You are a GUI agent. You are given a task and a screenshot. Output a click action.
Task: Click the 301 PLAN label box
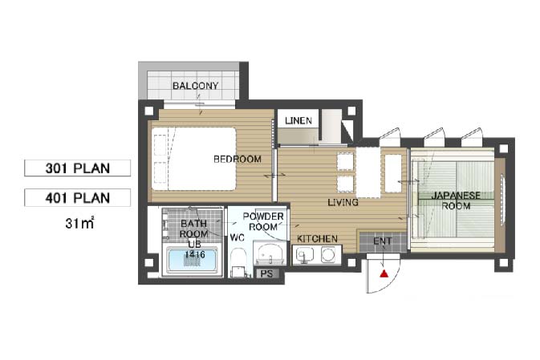78,168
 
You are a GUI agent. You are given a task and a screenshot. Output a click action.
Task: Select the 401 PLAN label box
78,197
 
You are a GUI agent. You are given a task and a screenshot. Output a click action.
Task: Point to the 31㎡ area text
79,224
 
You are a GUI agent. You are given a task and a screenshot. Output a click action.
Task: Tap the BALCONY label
195,86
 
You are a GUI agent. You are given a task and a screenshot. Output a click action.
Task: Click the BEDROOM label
238,159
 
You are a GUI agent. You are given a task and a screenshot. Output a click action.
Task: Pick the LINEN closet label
298,120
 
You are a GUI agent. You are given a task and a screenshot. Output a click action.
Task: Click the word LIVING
343,202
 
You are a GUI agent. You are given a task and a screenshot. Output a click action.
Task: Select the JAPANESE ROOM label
456,200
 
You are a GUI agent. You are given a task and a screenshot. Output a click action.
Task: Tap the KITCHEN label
317,238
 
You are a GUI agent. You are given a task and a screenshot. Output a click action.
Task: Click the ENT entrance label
383,241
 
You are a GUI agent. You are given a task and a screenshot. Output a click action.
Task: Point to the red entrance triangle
384,273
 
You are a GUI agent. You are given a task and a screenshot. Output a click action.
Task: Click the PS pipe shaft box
266,274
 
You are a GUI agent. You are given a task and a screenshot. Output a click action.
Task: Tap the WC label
237,237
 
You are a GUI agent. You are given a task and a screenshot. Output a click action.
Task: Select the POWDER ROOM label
263,221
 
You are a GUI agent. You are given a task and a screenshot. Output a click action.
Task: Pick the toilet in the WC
238,262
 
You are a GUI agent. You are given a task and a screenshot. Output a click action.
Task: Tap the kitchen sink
305,255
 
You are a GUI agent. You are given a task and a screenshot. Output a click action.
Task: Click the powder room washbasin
270,254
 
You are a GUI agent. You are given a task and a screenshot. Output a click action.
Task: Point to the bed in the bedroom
194,159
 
